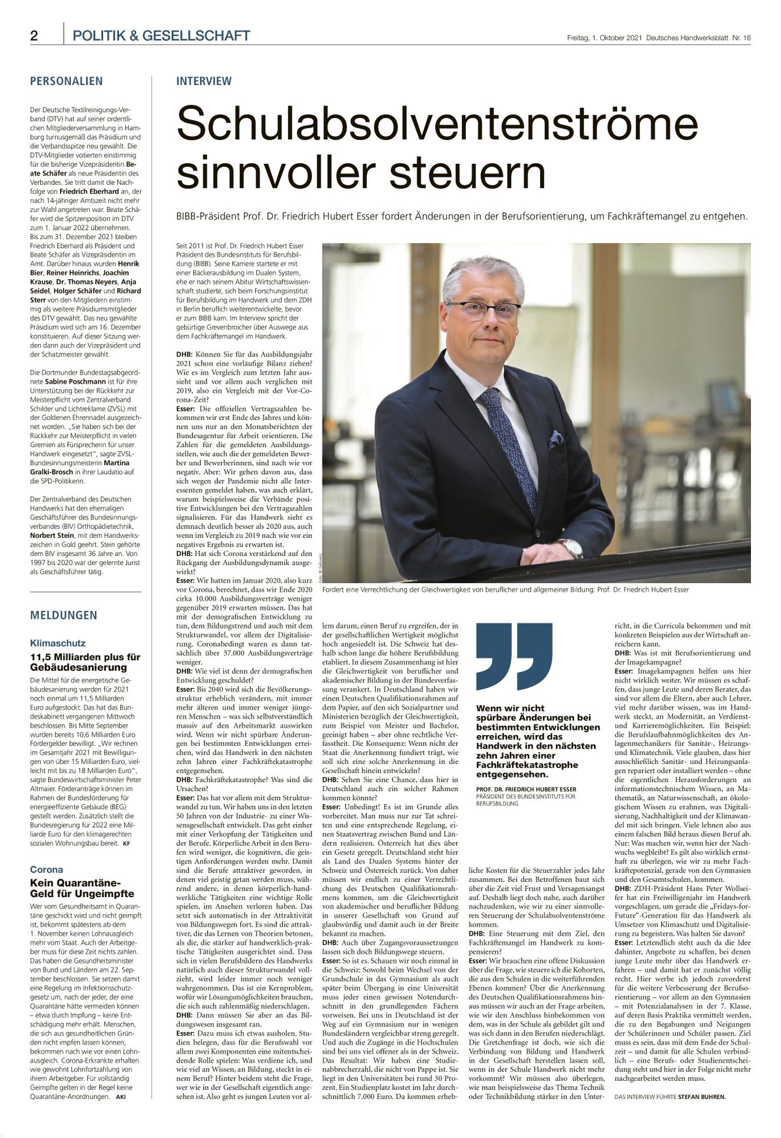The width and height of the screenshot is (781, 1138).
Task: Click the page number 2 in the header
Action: coord(34,36)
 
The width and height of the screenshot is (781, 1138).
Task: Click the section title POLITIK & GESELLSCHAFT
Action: coord(161,36)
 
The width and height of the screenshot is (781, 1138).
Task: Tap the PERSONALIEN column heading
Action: coord(66,81)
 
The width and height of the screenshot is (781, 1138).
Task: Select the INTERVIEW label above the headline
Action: coord(204,81)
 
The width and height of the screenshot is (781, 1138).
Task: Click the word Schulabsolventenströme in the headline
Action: coord(437,123)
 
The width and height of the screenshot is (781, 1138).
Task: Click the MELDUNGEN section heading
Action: coord(64,616)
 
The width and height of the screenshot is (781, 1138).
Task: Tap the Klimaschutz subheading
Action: coord(58,643)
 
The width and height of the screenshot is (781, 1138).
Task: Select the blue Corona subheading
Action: coord(47,869)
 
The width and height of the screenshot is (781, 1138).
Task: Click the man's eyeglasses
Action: coord(483,309)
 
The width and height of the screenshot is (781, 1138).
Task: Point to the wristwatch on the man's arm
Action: coord(571,548)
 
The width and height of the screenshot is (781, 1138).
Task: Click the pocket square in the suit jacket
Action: coord(555,438)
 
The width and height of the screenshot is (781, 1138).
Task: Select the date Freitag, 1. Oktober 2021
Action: coord(604,38)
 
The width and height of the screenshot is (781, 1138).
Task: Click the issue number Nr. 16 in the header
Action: coord(742,38)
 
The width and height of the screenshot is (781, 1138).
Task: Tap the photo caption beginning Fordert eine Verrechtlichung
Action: coord(505,590)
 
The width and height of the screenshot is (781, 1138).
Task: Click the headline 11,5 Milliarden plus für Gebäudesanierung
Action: coord(85,662)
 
